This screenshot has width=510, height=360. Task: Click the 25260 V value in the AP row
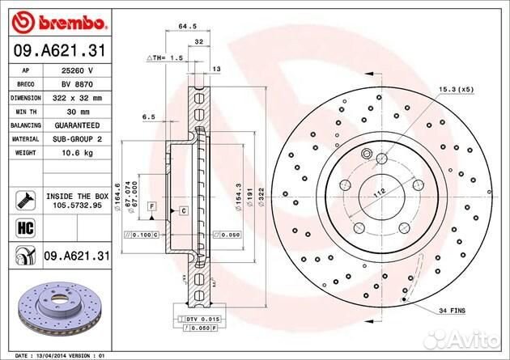pos(78,70)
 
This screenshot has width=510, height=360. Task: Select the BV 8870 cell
pos(78,84)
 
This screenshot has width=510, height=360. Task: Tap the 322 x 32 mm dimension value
pos(78,98)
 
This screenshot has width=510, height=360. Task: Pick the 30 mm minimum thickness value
pos(78,112)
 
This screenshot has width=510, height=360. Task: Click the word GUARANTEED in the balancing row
pos(78,125)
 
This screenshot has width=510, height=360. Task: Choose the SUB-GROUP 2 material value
pos(78,139)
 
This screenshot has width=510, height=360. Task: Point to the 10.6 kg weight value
pos(78,153)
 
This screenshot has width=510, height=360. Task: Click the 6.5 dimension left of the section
pos(148,117)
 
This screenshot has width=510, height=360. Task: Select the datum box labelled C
pos(184,210)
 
